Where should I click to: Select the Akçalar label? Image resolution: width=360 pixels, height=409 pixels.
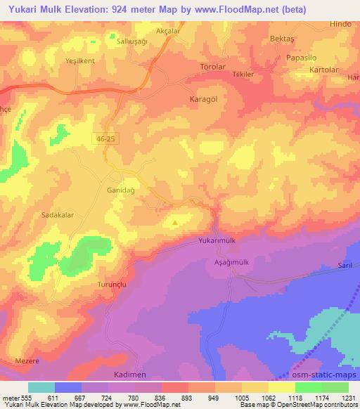click(x=168, y=31)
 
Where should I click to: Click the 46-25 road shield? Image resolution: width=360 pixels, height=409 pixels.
click(x=106, y=140)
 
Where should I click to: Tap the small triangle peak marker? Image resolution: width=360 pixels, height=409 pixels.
click(x=175, y=223)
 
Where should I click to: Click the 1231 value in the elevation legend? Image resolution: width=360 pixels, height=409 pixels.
click(x=349, y=398)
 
